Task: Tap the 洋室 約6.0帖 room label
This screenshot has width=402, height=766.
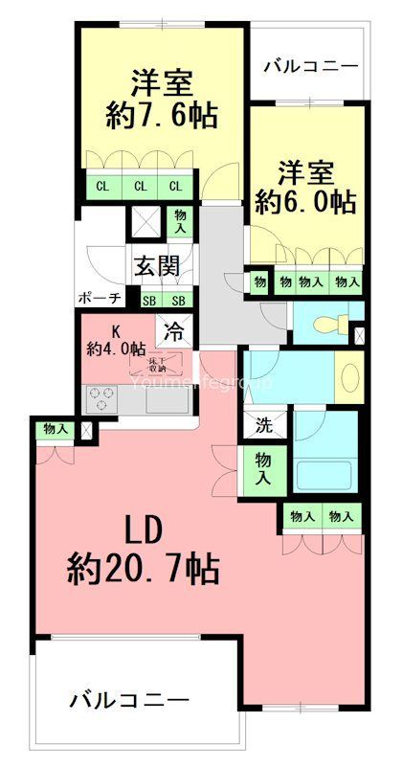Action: (x=305, y=187)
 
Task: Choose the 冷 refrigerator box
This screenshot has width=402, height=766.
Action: (x=175, y=332)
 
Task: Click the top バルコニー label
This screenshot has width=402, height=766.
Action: (x=309, y=66)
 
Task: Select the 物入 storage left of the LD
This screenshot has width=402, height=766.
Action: (x=56, y=429)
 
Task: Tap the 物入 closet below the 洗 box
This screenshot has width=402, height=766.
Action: (x=262, y=468)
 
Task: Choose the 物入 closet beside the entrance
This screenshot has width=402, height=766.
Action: (x=180, y=223)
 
